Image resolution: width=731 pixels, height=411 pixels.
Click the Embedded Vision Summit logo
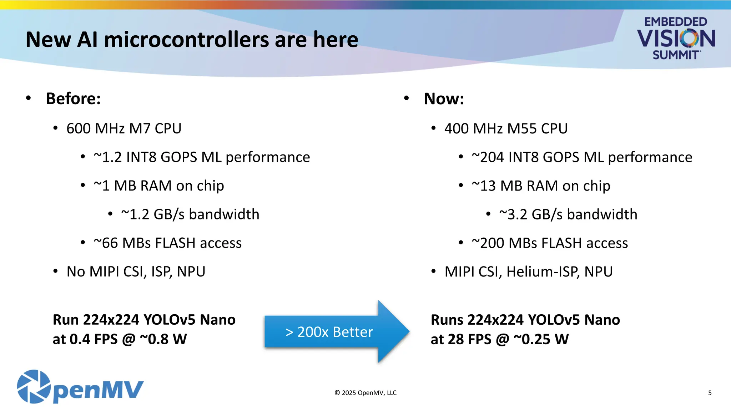click(x=676, y=38)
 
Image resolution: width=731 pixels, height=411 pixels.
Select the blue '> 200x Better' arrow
click(x=336, y=332)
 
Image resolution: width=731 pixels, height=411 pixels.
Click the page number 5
click(x=710, y=393)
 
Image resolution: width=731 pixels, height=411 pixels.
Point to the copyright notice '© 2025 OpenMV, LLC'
click(x=365, y=393)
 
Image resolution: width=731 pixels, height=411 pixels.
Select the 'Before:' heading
click(x=73, y=98)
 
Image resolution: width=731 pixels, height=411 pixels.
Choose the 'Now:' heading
click(x=444, y=98)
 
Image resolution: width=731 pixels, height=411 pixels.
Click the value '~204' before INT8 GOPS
click(x=488, y=157)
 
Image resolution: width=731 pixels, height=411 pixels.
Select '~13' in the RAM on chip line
click(x=484, y=186)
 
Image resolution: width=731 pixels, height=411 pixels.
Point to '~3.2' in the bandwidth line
click(x=513, y=214)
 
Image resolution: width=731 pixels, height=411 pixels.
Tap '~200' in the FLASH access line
click(x=488, y=243)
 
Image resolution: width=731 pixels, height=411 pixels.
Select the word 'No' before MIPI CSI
click(x=76, y=272)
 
